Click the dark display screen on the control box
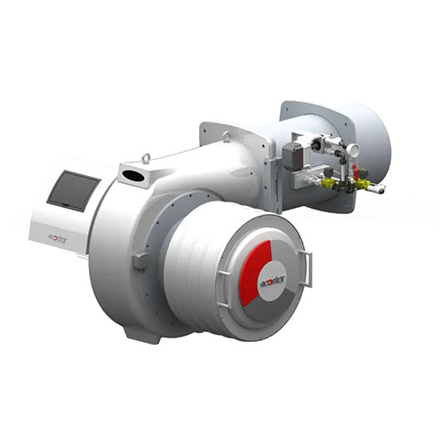[74, 191]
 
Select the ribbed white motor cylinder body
[195, 266]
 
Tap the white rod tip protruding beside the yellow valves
[379, 189]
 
